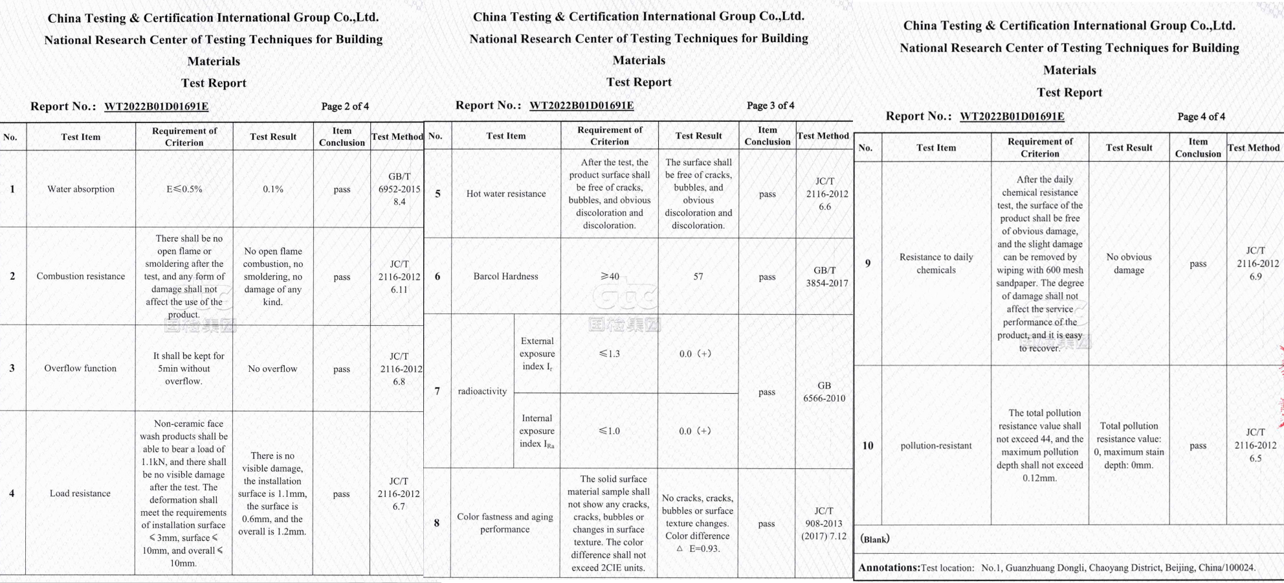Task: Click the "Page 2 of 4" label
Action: pos(345,106)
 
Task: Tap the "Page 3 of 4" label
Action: pos(770,106)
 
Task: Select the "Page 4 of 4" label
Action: pos(1201,117)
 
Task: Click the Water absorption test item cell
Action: pos(81,189)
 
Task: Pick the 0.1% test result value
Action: pos(273,189)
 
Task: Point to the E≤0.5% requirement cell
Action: pos(184,189)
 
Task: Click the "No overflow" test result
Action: pos(272,369)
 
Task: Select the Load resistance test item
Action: pos(80,494)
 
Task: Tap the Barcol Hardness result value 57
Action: pos(698,277)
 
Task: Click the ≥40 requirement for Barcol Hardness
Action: pos(610,277)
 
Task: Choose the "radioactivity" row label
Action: pos(482,391)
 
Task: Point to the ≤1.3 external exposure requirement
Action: pos(609,354)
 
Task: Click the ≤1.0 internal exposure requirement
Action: pos(609,431)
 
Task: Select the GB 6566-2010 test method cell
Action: pos(824,392)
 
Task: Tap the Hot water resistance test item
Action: pos(506,194)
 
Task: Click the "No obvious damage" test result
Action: pos(1129,264)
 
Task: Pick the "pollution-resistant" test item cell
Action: pos(936,446)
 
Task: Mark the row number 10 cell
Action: pos(867,446)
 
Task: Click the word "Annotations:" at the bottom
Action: pos(889,568)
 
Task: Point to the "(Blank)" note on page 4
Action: pos(875,540)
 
